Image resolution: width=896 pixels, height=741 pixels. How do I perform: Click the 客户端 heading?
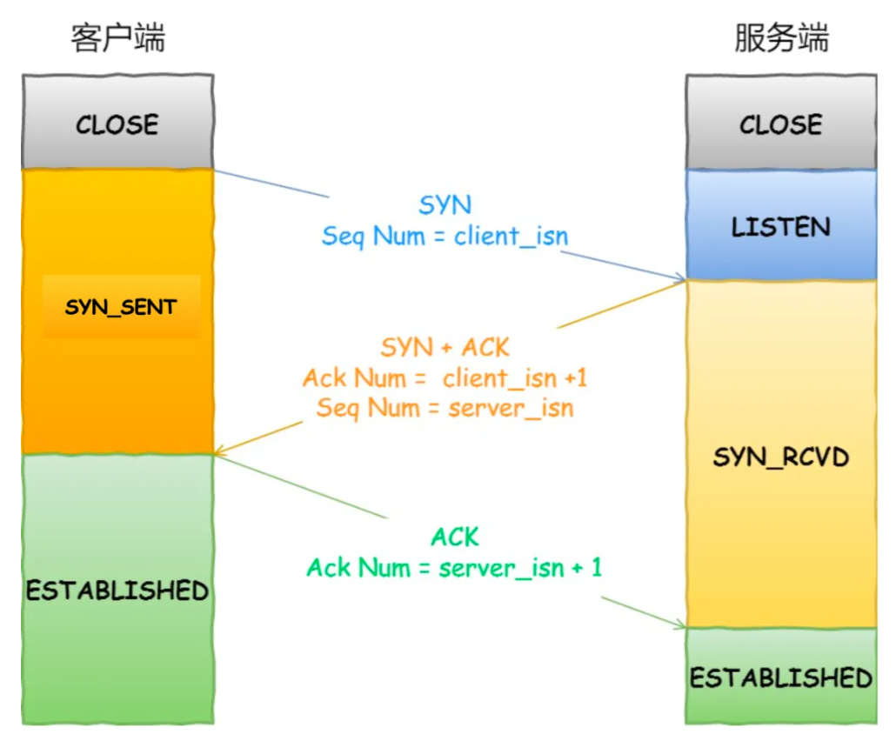click(118, 38)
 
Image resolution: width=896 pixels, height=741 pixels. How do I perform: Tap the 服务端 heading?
click(781, 38)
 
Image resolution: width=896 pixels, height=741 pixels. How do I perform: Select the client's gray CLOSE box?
click(117, 123)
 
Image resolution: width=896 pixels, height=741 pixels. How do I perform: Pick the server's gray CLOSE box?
click(780, 123)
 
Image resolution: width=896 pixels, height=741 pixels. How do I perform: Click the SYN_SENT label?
click(121, 307)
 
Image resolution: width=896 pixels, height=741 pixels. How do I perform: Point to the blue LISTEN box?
click(780, 226)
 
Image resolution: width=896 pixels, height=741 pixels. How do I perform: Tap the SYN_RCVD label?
click(780, 457)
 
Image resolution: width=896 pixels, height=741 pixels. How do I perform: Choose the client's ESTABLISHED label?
click(117, 591)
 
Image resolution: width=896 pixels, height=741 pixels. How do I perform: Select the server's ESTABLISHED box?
click(780, 677)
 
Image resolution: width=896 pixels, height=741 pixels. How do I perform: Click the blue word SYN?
click(445, 205)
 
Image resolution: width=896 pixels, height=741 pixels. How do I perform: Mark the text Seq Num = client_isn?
click(445, 236)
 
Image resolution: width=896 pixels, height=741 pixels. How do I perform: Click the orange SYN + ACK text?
click(445, 347)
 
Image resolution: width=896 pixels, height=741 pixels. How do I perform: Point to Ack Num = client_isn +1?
click(445, 378)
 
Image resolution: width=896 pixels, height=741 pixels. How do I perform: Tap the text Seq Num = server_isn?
click(445, 408)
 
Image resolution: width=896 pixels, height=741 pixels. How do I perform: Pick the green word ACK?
click(454, 537)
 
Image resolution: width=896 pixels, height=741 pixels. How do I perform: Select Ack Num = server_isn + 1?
click(454, 568)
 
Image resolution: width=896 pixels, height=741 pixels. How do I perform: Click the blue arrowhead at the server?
click(680, 277)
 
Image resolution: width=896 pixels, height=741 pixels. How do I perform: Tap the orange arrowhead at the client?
click(219, 452)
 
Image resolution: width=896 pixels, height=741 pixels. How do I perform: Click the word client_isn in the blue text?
click(511, 236)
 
